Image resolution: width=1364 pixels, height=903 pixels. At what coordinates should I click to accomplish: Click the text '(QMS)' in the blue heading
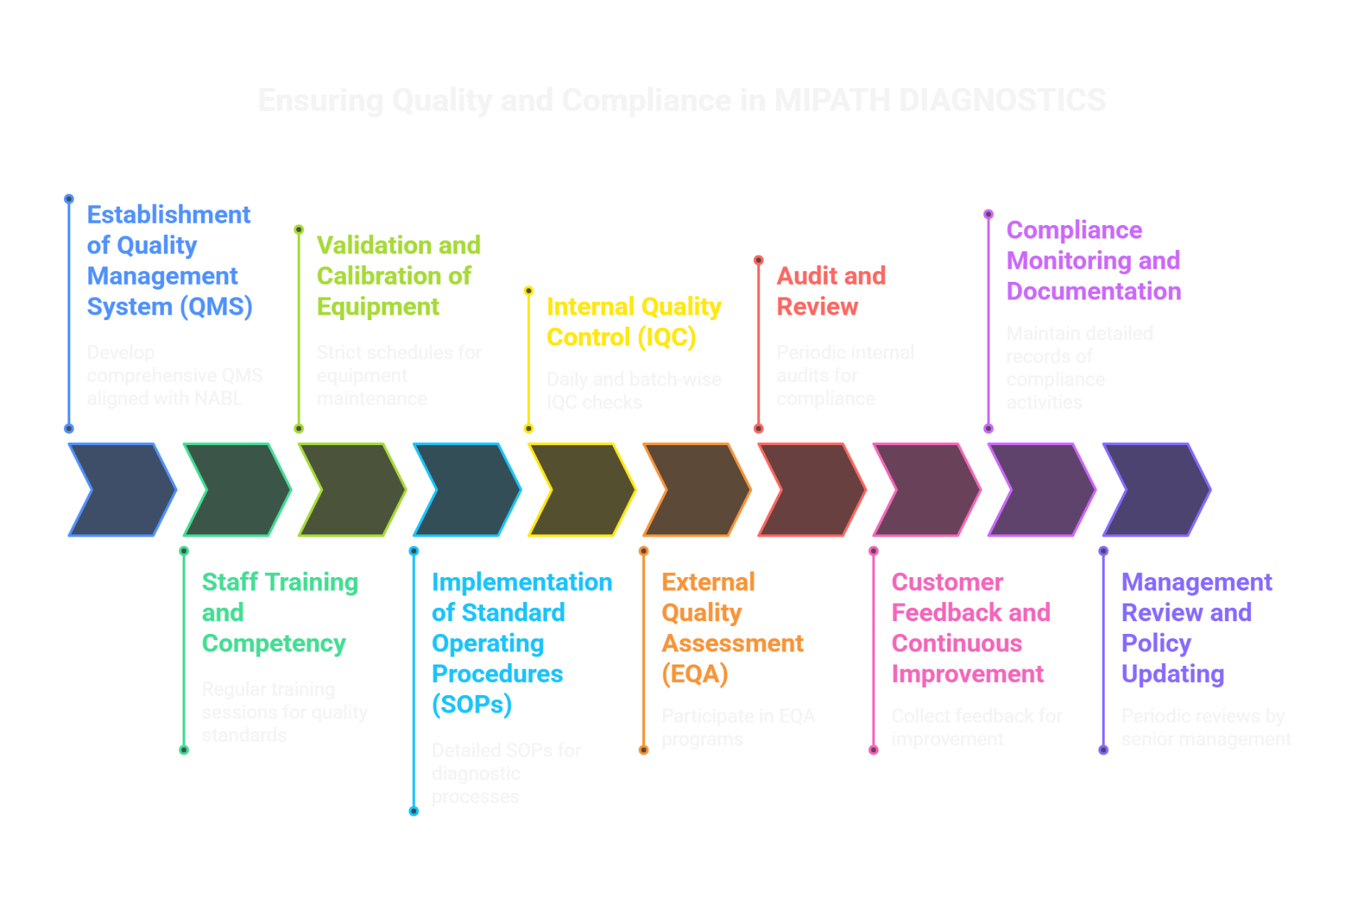tap(216, 307)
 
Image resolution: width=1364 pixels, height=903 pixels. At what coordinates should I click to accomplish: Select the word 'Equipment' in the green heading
tap(378, 307)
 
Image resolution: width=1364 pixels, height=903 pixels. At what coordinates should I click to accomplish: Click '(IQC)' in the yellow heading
tap(666, 337)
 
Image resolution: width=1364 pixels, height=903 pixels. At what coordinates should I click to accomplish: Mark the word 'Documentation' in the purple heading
tap(1093, 292)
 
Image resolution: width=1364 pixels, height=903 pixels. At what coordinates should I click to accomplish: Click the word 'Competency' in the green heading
tap(274, 644)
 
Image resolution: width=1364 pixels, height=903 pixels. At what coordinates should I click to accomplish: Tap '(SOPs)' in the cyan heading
tap(472, 704)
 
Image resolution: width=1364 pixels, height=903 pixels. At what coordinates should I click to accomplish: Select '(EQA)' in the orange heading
tap(695, 674)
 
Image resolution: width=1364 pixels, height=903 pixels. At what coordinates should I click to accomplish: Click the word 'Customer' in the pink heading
tap(947, 582)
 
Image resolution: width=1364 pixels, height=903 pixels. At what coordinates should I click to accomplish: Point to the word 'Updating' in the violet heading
tap(1173, 674)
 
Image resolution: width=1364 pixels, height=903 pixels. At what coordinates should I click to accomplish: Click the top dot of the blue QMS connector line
tap(69, 199)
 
